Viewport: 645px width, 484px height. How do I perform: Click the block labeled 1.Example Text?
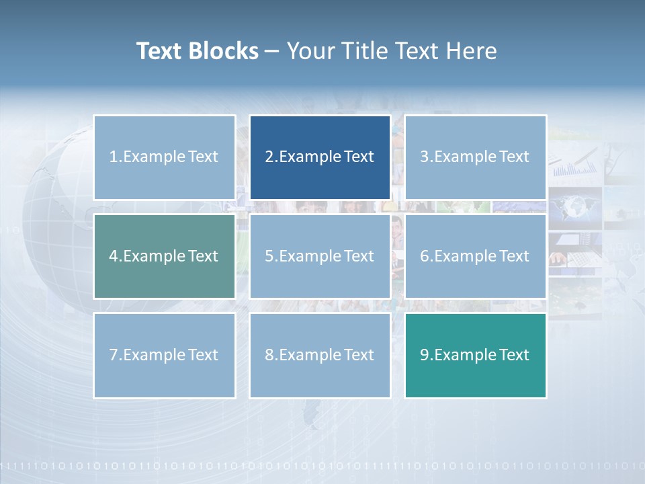pyautogui.click(x=164, y=157)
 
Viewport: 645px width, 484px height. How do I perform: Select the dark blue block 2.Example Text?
pyautogui.click(x=320, y=157)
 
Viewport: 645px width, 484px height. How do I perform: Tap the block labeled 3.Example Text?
pyautogui.click(x=475, y=157)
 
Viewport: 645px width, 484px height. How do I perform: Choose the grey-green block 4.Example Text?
pyautogui.click(x=164, y=256)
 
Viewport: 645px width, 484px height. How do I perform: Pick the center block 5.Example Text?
pyautogui.click(x=320, y=256)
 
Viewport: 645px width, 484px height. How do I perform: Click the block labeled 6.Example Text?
pyautogui.click(x=475, y=256)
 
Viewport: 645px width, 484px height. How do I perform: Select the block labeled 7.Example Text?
pyautogui.click(x=164, y=355)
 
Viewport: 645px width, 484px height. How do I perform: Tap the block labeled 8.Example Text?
pyautogui.click(x=320, y=355)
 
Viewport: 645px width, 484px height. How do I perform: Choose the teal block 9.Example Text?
pyautogui.click(x=475, y=355)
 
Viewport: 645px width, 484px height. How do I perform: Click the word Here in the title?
pyautogui.click(x=471, y=51)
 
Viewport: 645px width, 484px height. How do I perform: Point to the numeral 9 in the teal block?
pyautogui.click(x=425, y=355)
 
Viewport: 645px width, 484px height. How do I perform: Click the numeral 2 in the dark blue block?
pyautogui.click(x=269, y=157)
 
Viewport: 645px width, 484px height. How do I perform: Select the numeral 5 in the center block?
pyautogui.click(x=269, y=256)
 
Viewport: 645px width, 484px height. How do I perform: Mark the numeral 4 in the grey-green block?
pyautogui.click(x=114, y=256)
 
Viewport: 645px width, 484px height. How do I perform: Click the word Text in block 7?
pyautogui.click(x=203, y=355)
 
